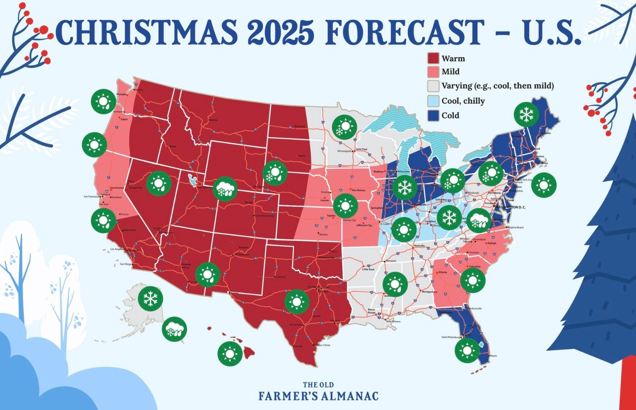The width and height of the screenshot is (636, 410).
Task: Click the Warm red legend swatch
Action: (x=433, y=59)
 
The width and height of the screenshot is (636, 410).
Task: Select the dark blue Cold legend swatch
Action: (x=433, y=116)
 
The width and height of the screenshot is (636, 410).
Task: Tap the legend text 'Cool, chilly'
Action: (x=463, y=101)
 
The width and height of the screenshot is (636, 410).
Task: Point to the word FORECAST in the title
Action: (x=403, y=32)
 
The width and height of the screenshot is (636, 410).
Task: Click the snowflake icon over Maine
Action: (x=526, y=114)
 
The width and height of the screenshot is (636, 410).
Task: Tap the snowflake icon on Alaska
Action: (x=150, y=298)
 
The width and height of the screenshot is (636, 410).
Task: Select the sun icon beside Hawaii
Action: (x=230, y=353)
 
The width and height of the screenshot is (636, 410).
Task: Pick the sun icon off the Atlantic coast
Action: (x=543, y=185)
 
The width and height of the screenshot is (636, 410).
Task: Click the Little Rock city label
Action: (x=368, y=269)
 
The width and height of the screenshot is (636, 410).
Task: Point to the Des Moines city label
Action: (x=358, y=190)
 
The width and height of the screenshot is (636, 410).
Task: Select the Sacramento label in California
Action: (x=117, y=187)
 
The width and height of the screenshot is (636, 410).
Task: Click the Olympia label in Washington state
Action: (x=120, y=95)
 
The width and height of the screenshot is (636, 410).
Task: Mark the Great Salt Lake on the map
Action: (x=193, y=180)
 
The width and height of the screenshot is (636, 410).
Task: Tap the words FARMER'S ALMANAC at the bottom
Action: (x=318, y=396)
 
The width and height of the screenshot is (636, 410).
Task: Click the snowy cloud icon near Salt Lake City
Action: (x=225, y=189)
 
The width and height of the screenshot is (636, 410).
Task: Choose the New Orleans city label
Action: (x=393, y=321)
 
